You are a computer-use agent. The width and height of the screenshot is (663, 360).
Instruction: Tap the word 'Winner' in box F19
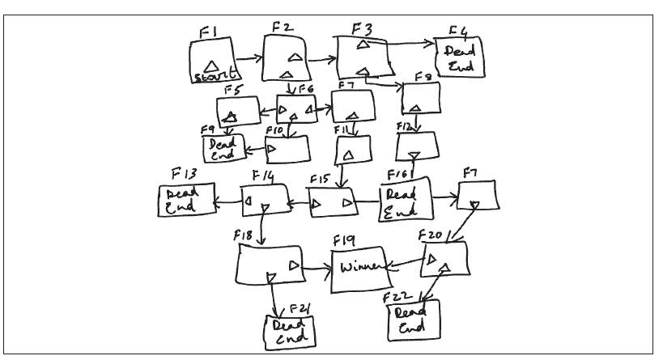(x=359, y=268)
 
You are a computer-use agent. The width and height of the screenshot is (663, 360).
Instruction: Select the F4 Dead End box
(x=460, y=58)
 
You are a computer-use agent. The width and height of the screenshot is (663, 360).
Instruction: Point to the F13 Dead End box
(x=186, y=201)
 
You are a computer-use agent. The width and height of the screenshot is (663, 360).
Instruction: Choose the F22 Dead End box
(x=415, y=320)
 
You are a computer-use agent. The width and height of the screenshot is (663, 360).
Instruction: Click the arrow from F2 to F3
(x=322, y=59)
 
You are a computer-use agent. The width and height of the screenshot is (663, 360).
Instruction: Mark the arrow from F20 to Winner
(x=404, y=264)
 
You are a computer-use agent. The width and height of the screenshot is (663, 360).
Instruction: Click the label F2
(x=283, y=28)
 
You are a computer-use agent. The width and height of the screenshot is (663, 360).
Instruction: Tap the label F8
(x=423, y=77)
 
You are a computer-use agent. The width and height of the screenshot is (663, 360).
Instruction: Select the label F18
(x=244, y=235)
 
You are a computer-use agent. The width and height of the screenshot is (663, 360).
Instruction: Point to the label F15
(x=319, y=179)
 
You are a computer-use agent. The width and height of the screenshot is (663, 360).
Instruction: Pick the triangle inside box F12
(x=414, y=154)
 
